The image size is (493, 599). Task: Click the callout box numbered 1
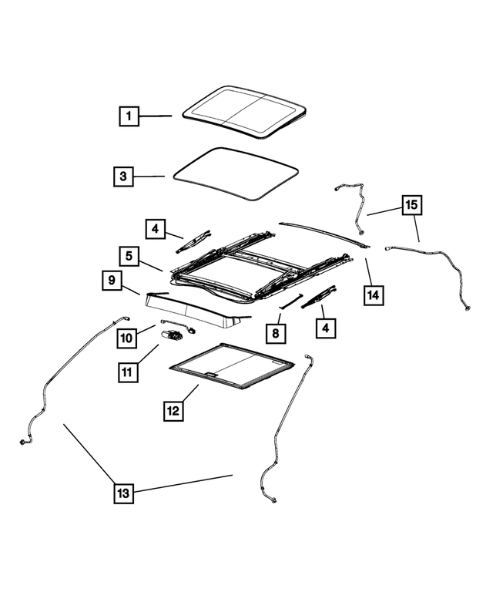coord(129,117)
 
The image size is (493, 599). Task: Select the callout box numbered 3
coord(122,177)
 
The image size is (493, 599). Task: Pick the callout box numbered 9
coord(112,281)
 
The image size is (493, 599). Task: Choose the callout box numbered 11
coord(127,372)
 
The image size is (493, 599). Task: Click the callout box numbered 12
coord(173,411)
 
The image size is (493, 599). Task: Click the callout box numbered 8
coord(276,334)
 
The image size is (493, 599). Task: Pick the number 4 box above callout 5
coord(156,229)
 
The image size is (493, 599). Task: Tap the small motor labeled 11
coord(174,335)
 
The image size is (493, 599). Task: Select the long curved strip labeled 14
coord(324,231)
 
